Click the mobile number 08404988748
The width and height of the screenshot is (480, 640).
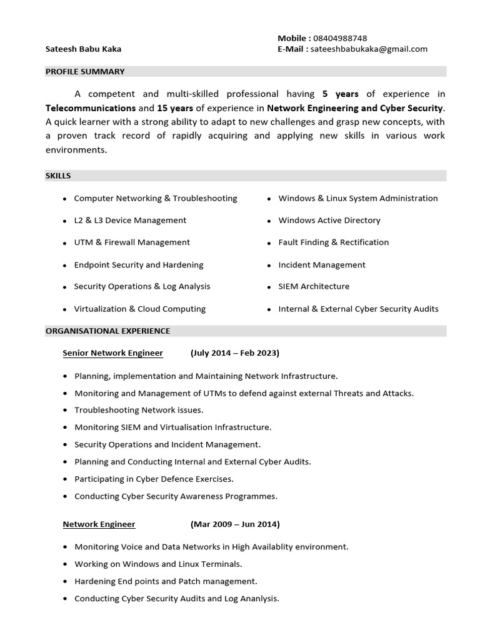(340, 38)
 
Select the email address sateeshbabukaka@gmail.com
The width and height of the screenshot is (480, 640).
(369, 49)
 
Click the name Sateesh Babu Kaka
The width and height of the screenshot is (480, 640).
(83, 49)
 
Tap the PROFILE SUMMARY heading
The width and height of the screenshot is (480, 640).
(85, 71)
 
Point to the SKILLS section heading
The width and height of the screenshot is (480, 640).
(58, 176)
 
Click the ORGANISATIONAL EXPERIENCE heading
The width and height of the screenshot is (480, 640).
(107, 331)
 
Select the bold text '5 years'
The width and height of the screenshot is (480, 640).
(340, 94)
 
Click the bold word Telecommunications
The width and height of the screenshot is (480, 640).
(91, 107)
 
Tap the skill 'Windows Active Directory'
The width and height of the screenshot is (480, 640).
(329, 220)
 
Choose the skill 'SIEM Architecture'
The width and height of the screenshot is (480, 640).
(314, 286)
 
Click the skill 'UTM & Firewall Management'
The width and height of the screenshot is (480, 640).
(132, 242)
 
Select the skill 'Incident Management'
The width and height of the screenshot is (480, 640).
(322, 264)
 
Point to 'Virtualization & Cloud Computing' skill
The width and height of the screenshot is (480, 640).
(139, 309)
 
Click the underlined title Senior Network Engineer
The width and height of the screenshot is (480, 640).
(112, 353)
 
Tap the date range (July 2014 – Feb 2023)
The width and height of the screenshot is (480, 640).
(234, 353)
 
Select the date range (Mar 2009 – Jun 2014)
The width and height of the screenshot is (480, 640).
(235, 524)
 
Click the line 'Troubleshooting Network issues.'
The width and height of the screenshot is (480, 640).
(139, 410)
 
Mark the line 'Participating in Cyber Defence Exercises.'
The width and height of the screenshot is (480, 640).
(154, 479)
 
